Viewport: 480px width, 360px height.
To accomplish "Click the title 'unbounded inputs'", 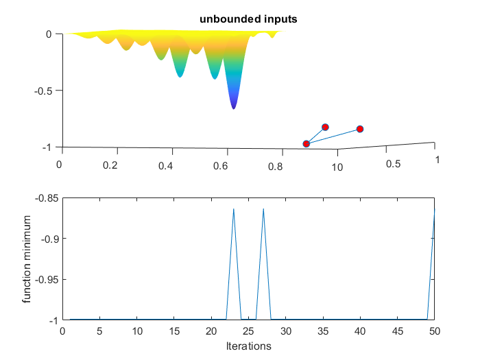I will pyautogui.click(x=248, y=19).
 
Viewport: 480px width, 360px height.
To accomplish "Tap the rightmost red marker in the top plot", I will pyautogui.click(x=359, y=129).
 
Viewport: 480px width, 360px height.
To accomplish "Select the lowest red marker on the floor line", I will pyautogui.click(x=307, y=143).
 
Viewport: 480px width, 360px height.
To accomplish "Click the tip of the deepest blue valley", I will pyautogui.click(x=234, y=108).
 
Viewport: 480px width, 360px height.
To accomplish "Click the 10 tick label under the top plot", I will pyautogui.click(x=337, y=165).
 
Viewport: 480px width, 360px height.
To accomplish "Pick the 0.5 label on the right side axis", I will pyautogui.click(x=392, y=165).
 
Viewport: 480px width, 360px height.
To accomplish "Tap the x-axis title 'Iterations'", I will pyautogui.click(x=248, y=346).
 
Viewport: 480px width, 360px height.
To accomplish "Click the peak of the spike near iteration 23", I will pyautogui.click(x=234, y=208).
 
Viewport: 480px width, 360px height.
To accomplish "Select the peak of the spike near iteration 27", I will pyautogui.click(x=263, y=208).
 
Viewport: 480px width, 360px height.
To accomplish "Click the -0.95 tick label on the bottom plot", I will pyautogui.click(x=45, y=280).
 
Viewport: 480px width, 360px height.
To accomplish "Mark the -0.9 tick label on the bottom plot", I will pyautogui.click(x=48, y=239).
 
